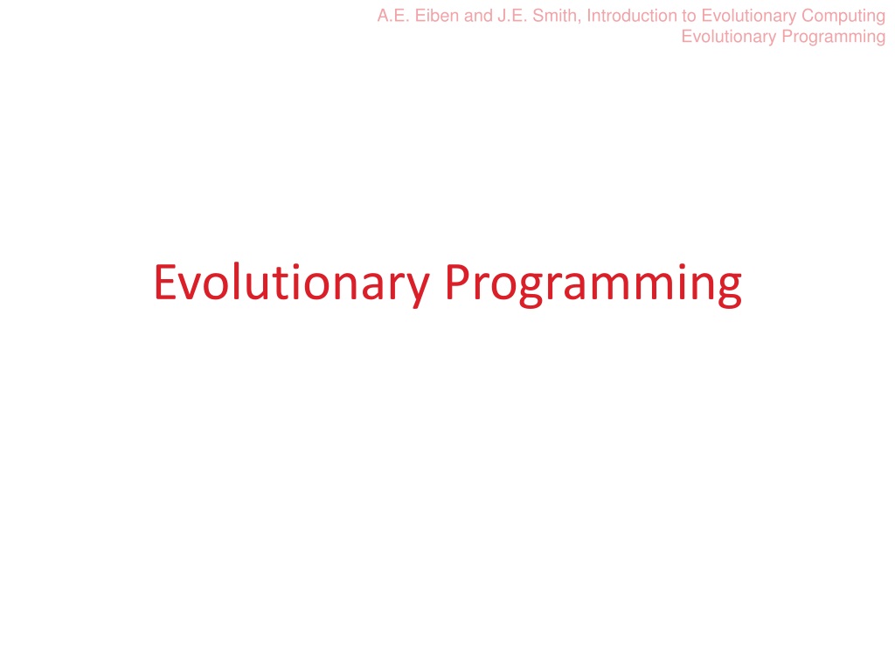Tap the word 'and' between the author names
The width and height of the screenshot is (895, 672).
click(478, 16)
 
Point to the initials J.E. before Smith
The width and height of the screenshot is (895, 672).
click(512, 16)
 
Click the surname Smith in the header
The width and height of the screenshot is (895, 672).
click(554, 16)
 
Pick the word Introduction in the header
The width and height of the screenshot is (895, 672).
click(632, 16)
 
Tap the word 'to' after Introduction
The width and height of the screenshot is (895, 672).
click(689, 16)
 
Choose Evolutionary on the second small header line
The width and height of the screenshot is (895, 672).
click(729, 38)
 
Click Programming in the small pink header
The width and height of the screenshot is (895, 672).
click(833, 38)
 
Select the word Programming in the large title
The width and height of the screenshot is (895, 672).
click(593, 285)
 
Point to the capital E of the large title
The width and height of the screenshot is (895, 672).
click(165, 282)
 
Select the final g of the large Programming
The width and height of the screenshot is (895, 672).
click(730, 291)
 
